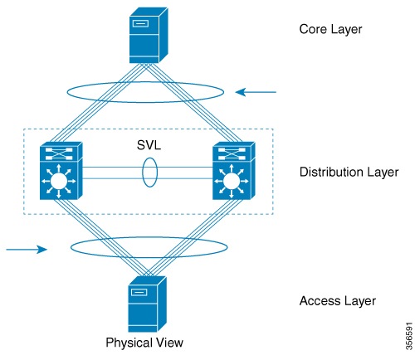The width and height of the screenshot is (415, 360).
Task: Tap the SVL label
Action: [x=149, y=143]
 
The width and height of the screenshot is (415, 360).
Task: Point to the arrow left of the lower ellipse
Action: [x=28, y=247]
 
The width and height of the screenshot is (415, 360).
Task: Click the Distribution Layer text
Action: [x=349, y=173]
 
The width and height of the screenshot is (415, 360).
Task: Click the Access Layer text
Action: [x=338, y=300]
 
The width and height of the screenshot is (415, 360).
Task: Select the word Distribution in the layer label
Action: [x=330, y=173]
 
